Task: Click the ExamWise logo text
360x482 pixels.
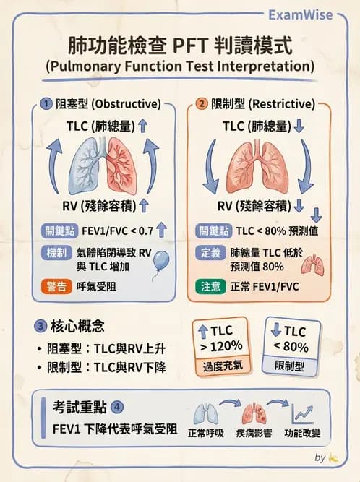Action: point(300,14)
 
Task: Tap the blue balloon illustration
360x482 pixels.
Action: point(161,261)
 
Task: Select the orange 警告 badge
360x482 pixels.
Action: point(56,286)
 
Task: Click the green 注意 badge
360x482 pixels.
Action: point(210,286)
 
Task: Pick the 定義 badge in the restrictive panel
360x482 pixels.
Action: point(210,253)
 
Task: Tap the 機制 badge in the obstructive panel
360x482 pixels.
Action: point(56,253)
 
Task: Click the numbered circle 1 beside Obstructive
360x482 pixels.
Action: point(46,104)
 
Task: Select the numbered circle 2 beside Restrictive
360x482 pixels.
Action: point(202,104)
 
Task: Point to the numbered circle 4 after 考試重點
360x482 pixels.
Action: point(117,408)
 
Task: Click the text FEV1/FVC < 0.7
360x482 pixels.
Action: point(117,231)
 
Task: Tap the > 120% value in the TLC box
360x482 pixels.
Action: point(221,346)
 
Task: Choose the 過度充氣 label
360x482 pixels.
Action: point(223,366)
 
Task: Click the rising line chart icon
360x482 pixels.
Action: point(302,414)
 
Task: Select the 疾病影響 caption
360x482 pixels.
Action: point(254,433)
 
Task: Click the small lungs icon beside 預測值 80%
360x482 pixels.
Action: point(313,264)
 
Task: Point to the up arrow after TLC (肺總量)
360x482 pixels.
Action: point(142,126)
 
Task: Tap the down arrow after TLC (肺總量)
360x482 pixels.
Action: point(299,126)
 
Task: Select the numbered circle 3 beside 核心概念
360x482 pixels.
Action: point(40,326)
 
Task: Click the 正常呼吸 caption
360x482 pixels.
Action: point(206,433)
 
